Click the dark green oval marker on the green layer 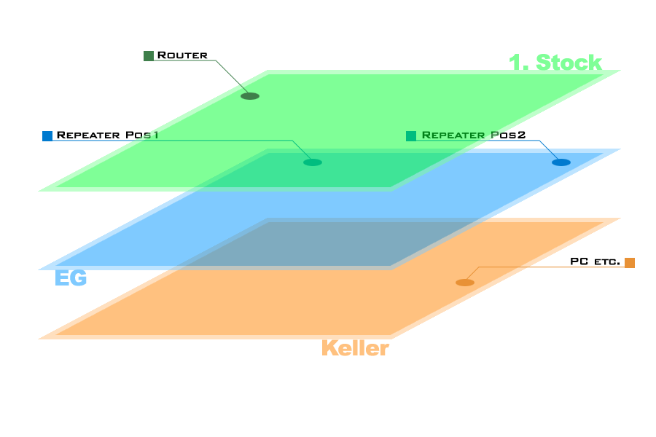250,96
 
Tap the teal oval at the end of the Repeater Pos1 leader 313,162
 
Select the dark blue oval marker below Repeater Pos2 561,162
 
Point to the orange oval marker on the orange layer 465,283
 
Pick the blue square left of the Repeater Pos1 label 49,136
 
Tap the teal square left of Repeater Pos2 411,136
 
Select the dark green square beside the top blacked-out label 149,56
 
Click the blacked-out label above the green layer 182,55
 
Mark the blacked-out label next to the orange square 595,261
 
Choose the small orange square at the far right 630,263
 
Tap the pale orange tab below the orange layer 356,347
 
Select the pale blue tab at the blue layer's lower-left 71,277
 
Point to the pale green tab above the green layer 555,63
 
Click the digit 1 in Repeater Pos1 155,135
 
